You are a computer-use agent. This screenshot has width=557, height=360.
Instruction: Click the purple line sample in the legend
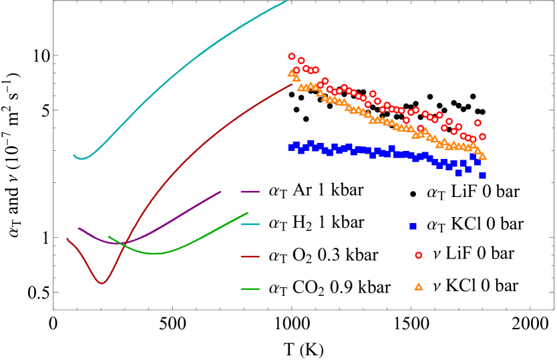click(250, 192)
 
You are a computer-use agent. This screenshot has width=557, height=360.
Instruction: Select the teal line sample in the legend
click(250, 224)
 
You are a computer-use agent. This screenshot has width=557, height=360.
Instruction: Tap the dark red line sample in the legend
click(250, 256)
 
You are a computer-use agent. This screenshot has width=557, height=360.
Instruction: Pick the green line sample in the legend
click(250, 289)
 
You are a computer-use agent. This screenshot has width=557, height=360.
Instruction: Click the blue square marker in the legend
click(413, 226)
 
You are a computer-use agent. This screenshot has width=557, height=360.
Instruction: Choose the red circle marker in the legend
click(418, 255)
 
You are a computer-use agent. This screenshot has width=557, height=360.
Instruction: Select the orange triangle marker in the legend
click(418, 287)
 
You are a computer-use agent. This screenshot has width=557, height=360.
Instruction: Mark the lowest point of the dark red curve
click(102, 283)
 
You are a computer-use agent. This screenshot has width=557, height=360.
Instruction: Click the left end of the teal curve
click(74, 155)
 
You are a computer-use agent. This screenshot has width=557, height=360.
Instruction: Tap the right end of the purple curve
click(220, 192)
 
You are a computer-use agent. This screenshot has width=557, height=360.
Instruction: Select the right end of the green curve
click(248, 213)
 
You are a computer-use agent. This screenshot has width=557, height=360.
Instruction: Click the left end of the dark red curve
click(67, 238)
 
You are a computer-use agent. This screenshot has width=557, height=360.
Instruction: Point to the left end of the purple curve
click(78, 228)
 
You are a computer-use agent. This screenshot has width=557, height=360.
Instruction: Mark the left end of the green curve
click(109, 236)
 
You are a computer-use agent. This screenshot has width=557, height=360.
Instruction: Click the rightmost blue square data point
click(482, 175)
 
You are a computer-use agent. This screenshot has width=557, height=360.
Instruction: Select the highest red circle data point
click(292, 57)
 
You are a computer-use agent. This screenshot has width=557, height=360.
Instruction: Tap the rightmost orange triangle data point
click(482, 156)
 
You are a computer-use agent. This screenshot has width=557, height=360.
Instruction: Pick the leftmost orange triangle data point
click(292, 72)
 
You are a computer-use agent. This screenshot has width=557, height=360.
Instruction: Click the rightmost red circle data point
click(482, 136)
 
